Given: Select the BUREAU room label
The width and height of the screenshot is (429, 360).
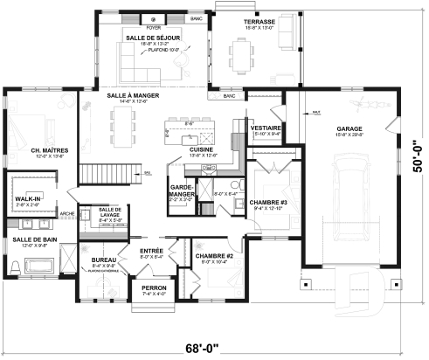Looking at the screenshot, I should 103,260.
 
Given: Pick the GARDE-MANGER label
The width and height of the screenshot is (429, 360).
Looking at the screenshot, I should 181,190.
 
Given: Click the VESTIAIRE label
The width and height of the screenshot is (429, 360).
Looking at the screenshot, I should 265,128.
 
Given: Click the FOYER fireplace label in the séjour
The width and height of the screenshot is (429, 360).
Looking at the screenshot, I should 154,26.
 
